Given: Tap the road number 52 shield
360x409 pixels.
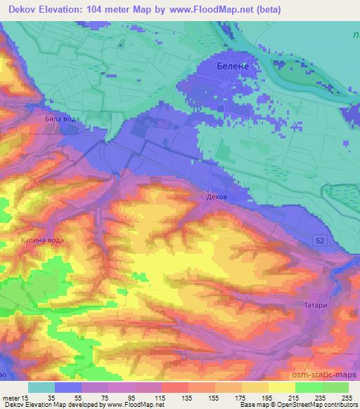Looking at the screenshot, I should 320,240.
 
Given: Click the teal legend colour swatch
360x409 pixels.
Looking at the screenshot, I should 41,387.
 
